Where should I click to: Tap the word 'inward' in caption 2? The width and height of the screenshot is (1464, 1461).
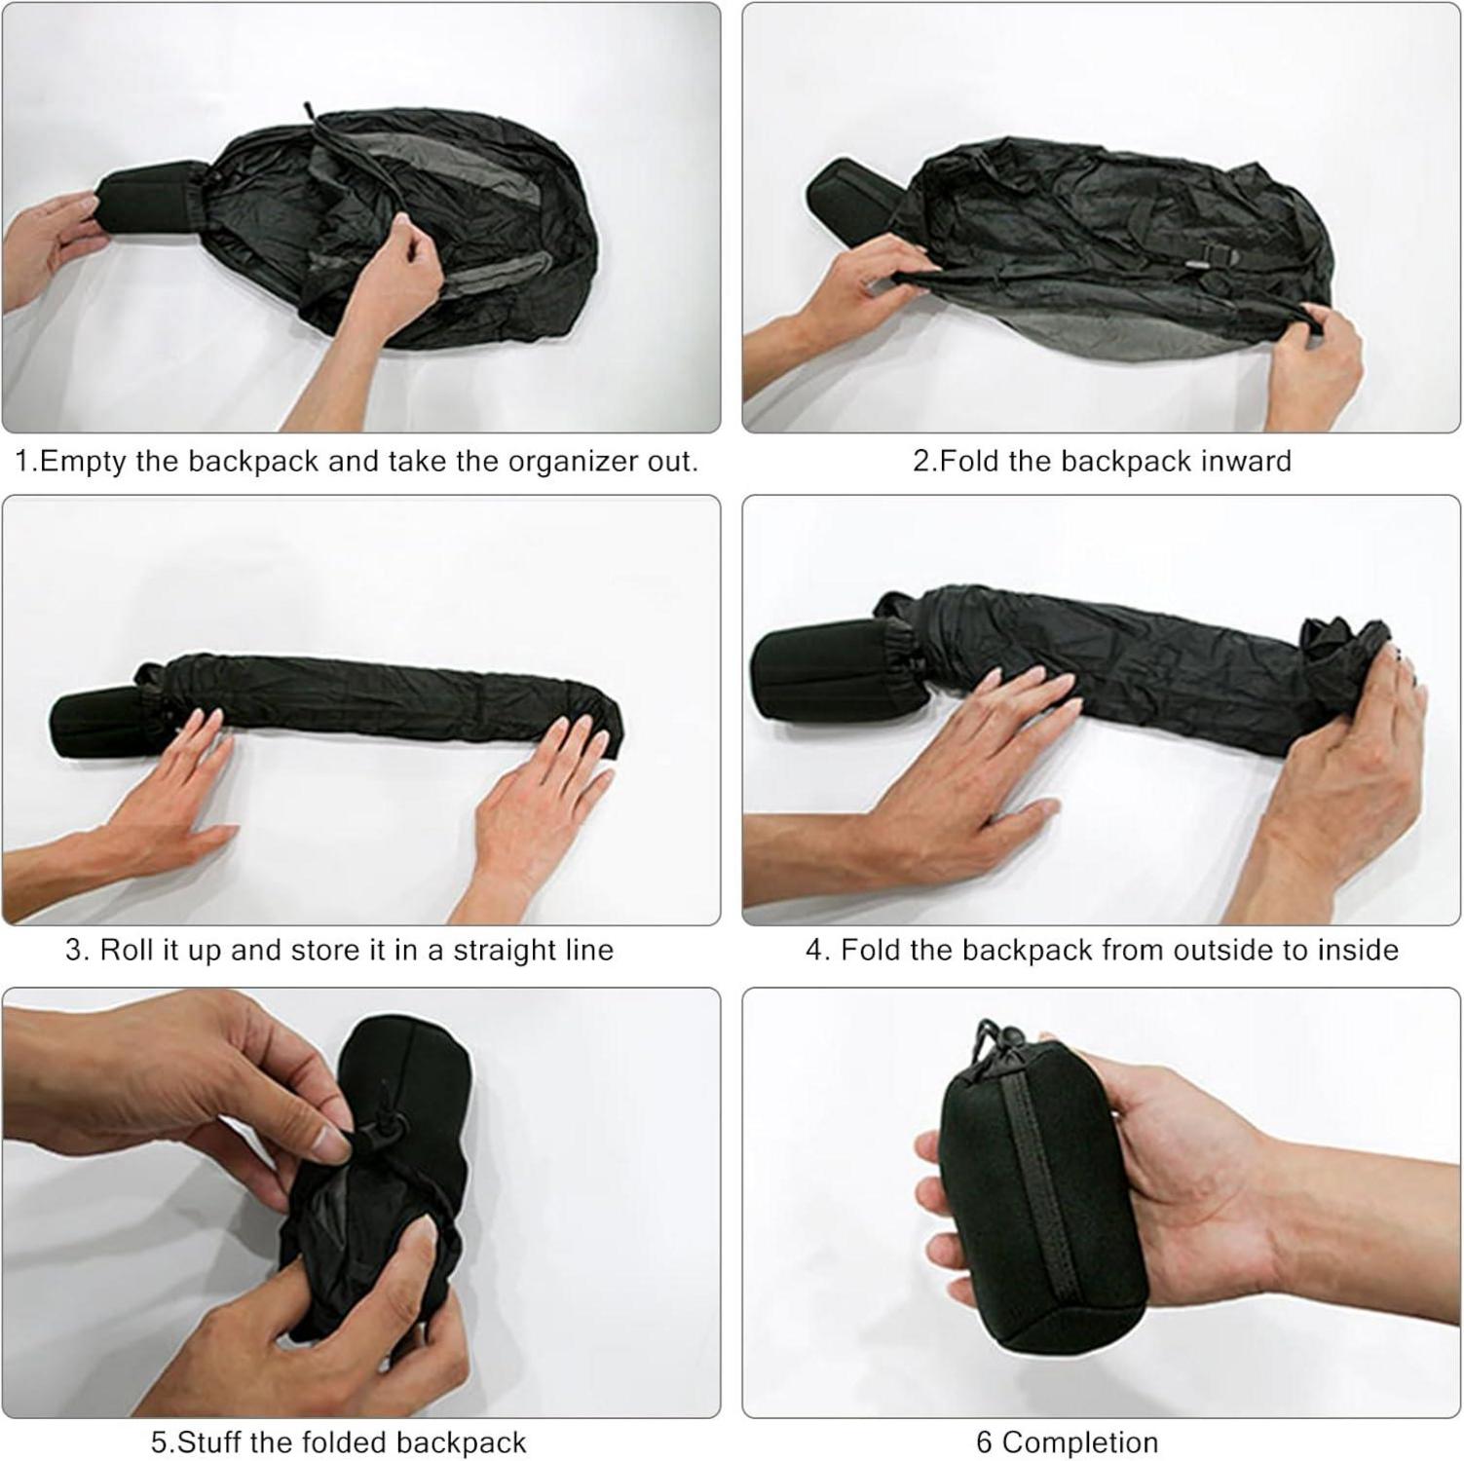point(1246,460)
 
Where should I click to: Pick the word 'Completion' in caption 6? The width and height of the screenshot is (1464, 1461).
point(1080,1442)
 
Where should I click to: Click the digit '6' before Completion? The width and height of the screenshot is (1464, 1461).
point(984,1442)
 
